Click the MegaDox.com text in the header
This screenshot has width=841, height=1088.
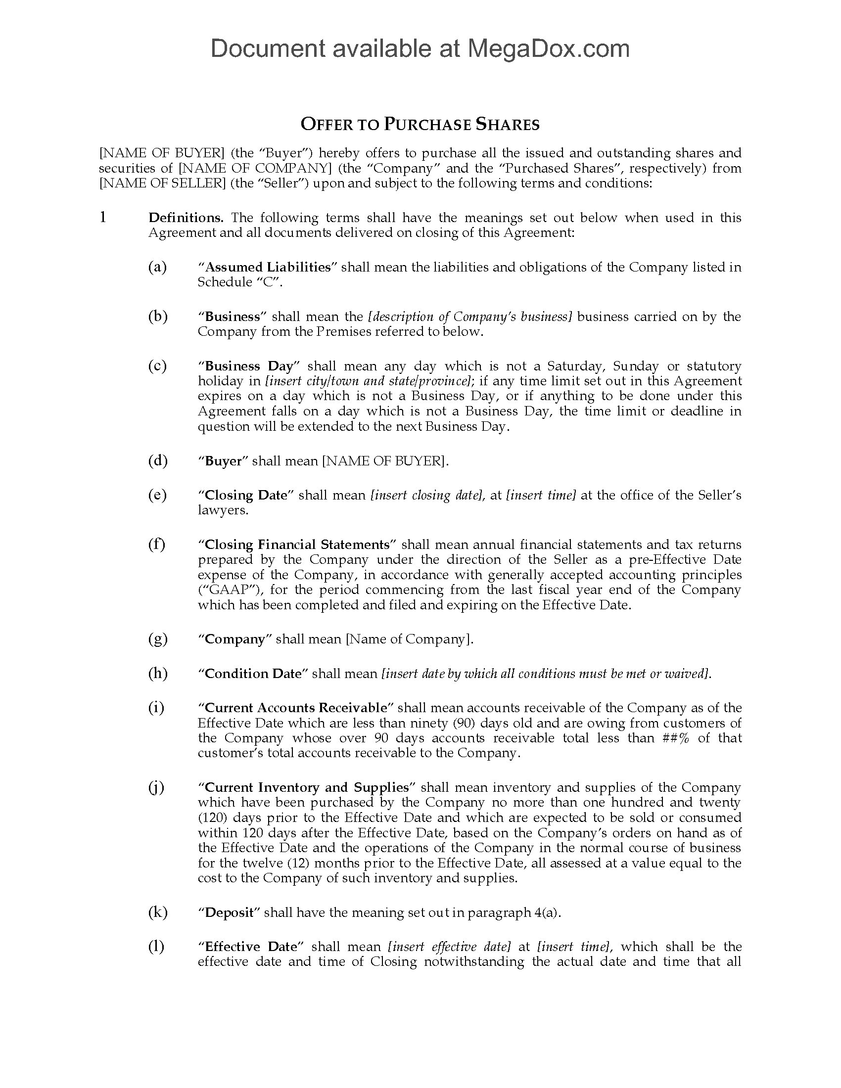point(548,49)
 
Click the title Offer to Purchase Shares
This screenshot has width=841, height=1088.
point(420,125)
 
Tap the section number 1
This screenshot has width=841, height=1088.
point(103,217)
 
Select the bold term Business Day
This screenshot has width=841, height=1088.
point(249,366)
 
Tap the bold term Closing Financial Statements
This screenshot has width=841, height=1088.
point(297,544)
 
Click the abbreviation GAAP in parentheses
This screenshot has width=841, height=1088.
point(220,590)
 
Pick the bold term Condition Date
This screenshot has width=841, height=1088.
point(253,674)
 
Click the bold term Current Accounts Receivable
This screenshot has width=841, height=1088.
point(296,708)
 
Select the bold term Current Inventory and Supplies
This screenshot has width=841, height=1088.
point(307,788)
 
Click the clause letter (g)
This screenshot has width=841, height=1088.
point(157,639)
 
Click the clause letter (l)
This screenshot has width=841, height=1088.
point(156,947)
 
